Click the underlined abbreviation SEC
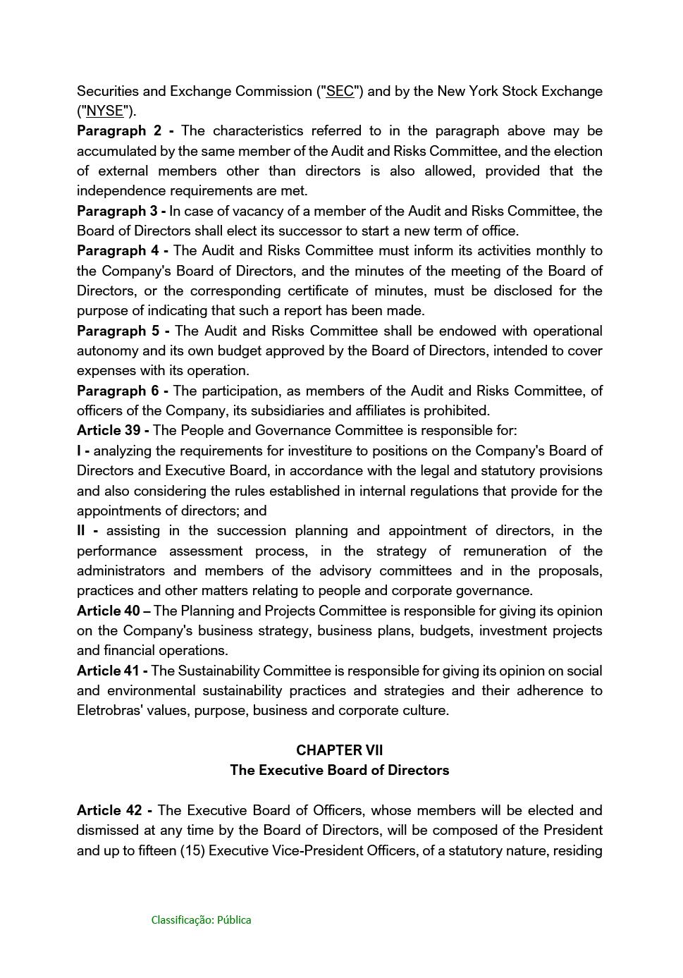[340, 92]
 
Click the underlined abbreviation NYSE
[105, 111]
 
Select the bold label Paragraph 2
[120, 131]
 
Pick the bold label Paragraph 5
[119, 331]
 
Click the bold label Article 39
[109, 431]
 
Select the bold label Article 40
[109, 611]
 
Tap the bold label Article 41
[108, 671]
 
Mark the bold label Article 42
[109, 811]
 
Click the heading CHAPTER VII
[340, 751]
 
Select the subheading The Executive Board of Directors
[340, 771]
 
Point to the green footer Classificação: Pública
[201, 920]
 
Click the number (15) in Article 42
[192, 851]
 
